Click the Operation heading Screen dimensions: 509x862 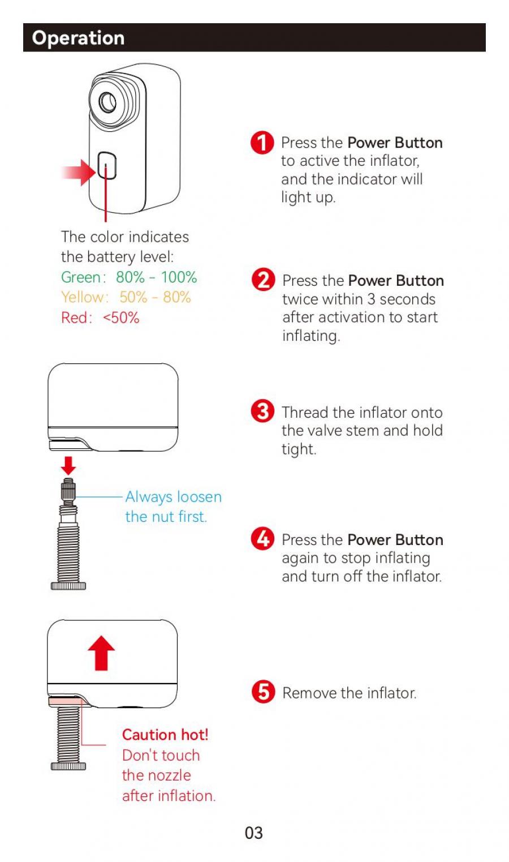coord(78,38)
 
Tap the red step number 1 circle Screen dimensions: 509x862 coord(262,143)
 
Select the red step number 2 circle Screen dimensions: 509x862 coord(264,280)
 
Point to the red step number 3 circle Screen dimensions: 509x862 coord(262,411)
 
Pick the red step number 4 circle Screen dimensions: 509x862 coord(262,539)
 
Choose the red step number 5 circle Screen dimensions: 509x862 coord(264,692)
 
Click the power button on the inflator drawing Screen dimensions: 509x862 coord(106,165)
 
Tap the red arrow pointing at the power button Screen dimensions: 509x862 coord(79,172)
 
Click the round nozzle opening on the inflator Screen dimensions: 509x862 coord(108,102)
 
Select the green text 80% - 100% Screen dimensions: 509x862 coord(157,277)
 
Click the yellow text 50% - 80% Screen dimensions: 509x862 coord(155,297)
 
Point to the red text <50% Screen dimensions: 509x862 coord(121,318)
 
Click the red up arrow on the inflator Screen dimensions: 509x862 coord(101,653)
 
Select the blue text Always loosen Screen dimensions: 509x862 coord(174,497)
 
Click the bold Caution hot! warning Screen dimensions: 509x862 coord(165,735)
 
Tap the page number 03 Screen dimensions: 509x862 coord(254,833)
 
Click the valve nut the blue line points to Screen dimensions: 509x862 coord(68,491)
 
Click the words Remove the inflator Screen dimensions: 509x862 coord(350,693)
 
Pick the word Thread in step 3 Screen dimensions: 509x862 coord(305,413)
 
